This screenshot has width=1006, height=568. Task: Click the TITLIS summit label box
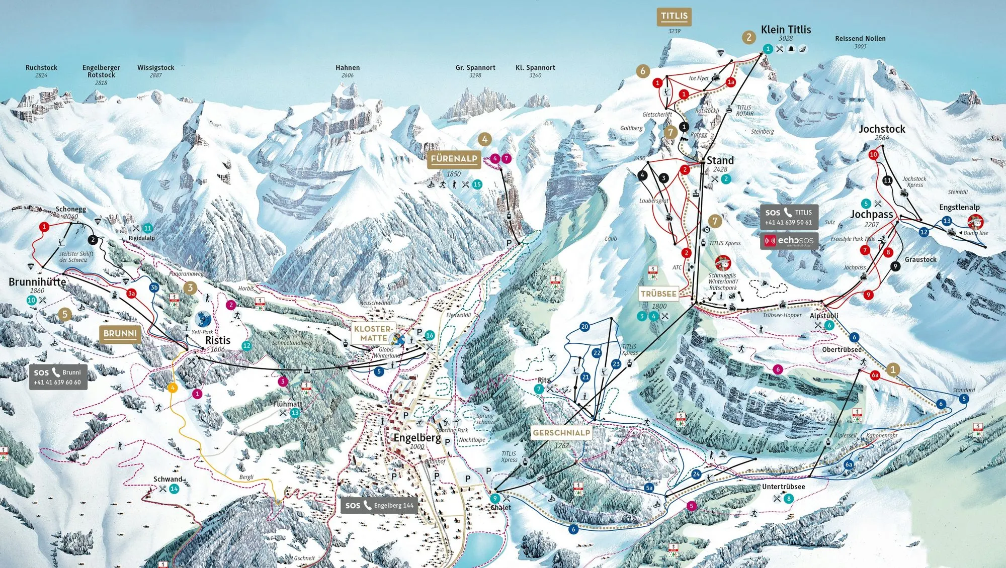pos(674,16)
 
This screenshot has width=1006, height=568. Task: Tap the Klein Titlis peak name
pos(786,30)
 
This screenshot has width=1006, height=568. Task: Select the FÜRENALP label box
pos(454,159)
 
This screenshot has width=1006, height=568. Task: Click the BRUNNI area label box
pos(120,333)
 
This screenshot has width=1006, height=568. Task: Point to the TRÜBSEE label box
pos(658,294)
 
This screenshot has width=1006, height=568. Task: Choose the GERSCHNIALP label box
pos(561,433)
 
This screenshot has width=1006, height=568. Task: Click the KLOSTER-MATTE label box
pos(373,333)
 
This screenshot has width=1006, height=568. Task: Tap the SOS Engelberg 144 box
pos(379,505)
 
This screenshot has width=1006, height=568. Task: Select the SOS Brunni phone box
pos(57,377)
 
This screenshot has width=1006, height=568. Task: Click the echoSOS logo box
pos(789,241)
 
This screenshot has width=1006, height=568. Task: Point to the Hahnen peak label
pos(348,67)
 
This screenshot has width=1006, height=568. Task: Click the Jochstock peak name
pos(882,129)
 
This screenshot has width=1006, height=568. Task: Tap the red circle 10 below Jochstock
pos(873,155)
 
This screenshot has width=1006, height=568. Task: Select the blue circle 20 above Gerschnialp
pos(584,327)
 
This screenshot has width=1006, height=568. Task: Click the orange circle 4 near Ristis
pos(173,388)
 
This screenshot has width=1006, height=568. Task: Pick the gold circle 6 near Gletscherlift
pos(642,71)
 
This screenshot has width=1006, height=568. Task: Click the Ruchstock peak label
pos(41,67)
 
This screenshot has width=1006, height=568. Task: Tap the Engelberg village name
pos(417,437)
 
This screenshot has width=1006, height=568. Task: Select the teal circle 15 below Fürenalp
pos(477,184)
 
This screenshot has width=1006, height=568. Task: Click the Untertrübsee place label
pos(783,487)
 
